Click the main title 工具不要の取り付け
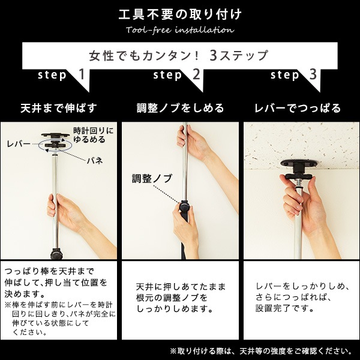180,13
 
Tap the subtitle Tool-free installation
180,30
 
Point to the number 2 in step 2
196,75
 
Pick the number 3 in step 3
313,75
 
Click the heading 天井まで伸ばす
59,108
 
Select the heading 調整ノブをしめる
180,108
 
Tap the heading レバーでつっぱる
298,108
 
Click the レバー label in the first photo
19,144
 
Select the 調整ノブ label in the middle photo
152,179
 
